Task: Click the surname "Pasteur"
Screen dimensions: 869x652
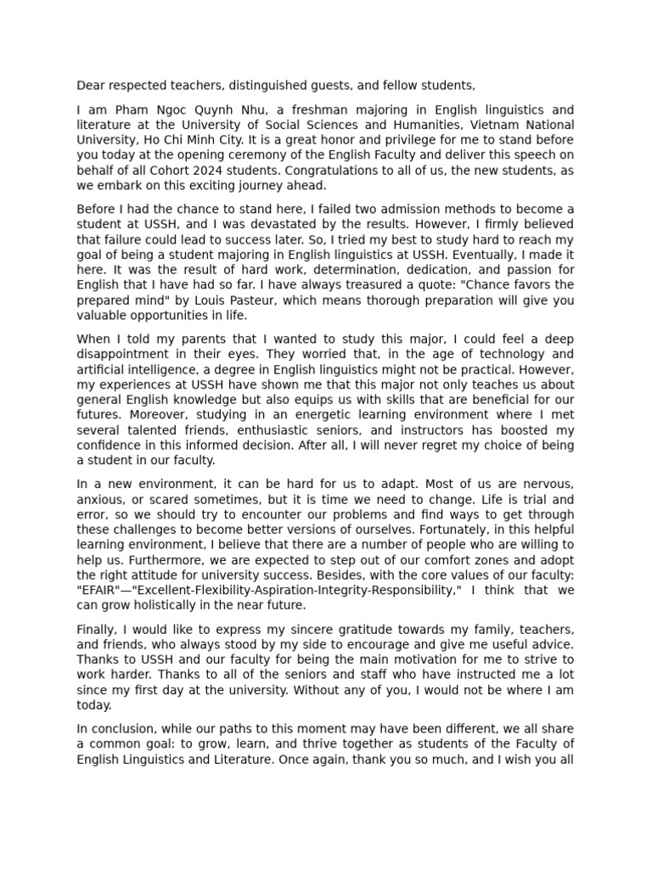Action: [246, 300]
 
